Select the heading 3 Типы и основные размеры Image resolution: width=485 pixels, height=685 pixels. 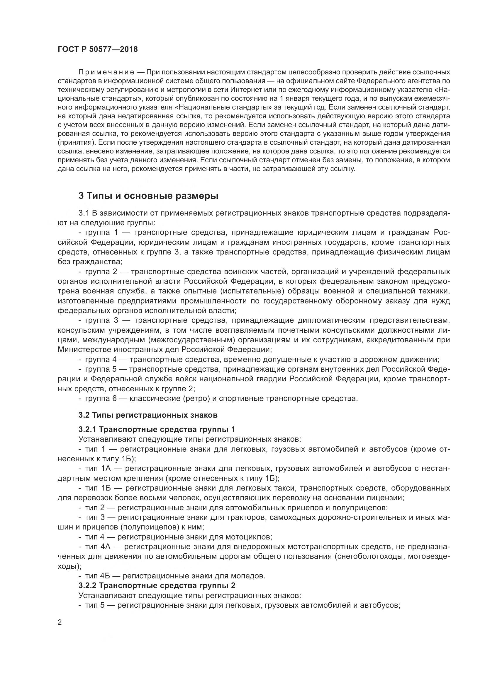(x=148, y=196)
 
